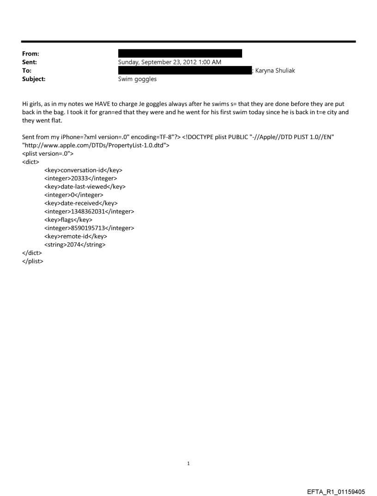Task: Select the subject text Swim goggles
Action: (x=137, y=79)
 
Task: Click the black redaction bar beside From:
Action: (x=180, y=54)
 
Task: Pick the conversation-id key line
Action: (x=83, y=170)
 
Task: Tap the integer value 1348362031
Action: (x=89, y=211)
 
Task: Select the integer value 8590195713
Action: (x=89, y=228)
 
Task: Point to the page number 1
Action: (x=188, y=463)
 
